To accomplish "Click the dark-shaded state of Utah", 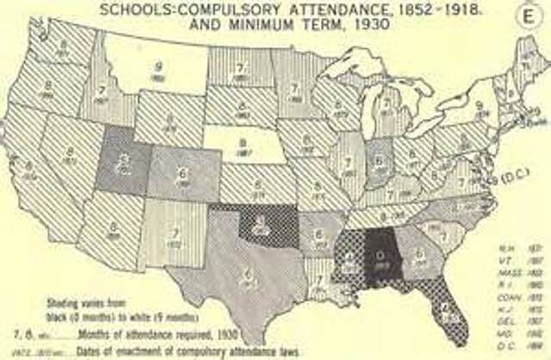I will coord(127,161).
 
